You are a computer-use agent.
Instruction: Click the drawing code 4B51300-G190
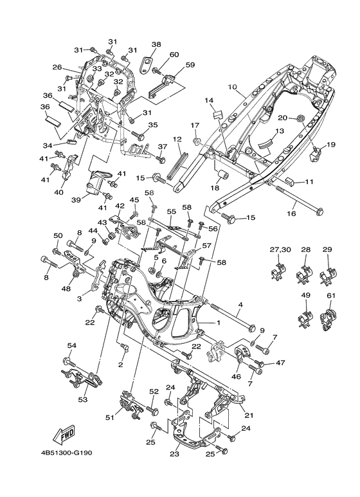point(67,453)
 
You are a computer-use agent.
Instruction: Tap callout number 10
point(232,86)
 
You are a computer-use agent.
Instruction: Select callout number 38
point(156,44)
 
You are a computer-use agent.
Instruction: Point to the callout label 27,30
point(280,249)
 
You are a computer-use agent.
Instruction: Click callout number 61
point(331,296)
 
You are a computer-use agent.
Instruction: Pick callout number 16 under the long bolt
point(291,213)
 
